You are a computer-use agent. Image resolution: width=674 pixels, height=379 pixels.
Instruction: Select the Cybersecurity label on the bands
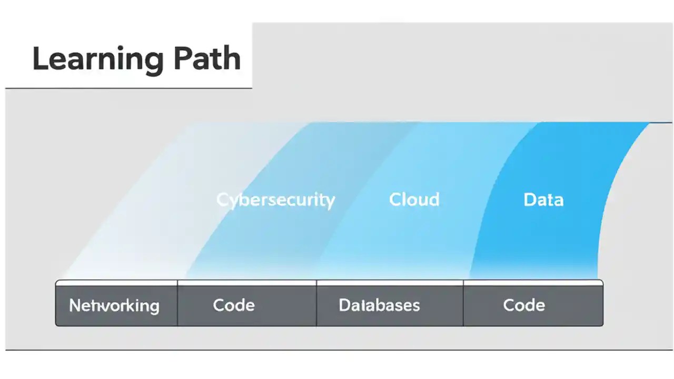[275, 200]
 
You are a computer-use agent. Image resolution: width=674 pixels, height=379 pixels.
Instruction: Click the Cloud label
[414, 200]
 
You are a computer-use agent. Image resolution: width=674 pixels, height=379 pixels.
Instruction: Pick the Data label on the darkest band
[543, 200]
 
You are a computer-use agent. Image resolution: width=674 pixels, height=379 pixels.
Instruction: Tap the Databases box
[379, 305]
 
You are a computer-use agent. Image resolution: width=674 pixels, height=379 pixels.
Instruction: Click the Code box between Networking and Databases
[234, 305]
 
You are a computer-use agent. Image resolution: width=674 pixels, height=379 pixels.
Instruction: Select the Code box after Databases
[524, 305]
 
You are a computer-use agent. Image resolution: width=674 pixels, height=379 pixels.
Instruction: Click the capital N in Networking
[75, 305]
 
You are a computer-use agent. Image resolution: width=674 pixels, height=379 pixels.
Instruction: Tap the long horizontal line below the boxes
[337, 350]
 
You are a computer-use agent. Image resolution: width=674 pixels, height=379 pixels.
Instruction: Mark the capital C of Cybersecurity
[222, 200]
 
